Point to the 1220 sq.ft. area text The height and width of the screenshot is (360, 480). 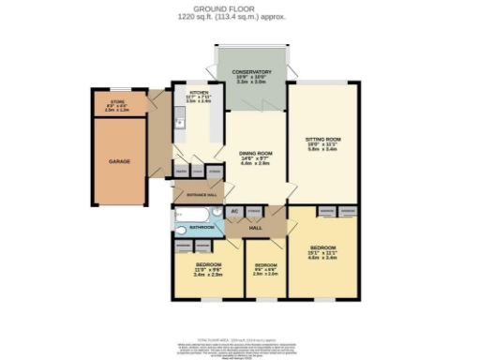tap(240, 17)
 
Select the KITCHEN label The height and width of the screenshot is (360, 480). tap(199, 94)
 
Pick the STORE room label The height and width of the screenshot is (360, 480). tap(117, 101)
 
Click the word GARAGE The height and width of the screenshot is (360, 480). tap(119, 161)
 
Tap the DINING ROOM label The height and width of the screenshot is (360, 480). tap(255, 153)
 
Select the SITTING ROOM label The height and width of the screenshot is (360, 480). tap(322, 140)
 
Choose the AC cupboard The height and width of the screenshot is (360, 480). tap(235, 212)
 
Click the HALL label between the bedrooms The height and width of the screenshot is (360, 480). tap(255, 227)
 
